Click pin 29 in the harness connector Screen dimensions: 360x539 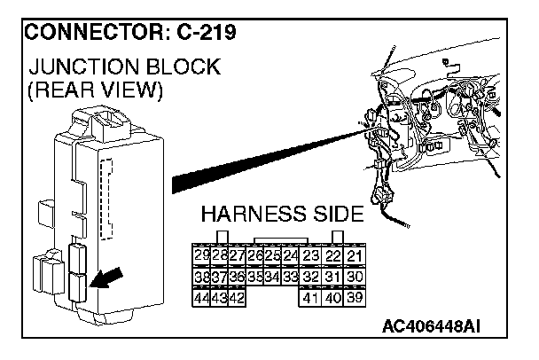coord(200,256)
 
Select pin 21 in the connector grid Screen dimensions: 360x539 coord(355,256)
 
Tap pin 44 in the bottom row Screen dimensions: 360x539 coord(200,299)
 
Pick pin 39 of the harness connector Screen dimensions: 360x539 coord(355,299)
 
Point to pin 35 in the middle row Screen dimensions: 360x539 coord(255,278)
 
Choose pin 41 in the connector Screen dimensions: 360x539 coord(309,299)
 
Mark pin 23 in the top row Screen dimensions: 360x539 coord(309,256)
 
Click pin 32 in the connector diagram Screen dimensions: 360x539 coord(309,278)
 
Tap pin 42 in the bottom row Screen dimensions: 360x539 coord(237,299)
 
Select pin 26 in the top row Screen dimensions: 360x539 coord(255,256)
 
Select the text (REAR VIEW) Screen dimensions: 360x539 coord(96,90)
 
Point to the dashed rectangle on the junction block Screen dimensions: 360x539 coord(107,200)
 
